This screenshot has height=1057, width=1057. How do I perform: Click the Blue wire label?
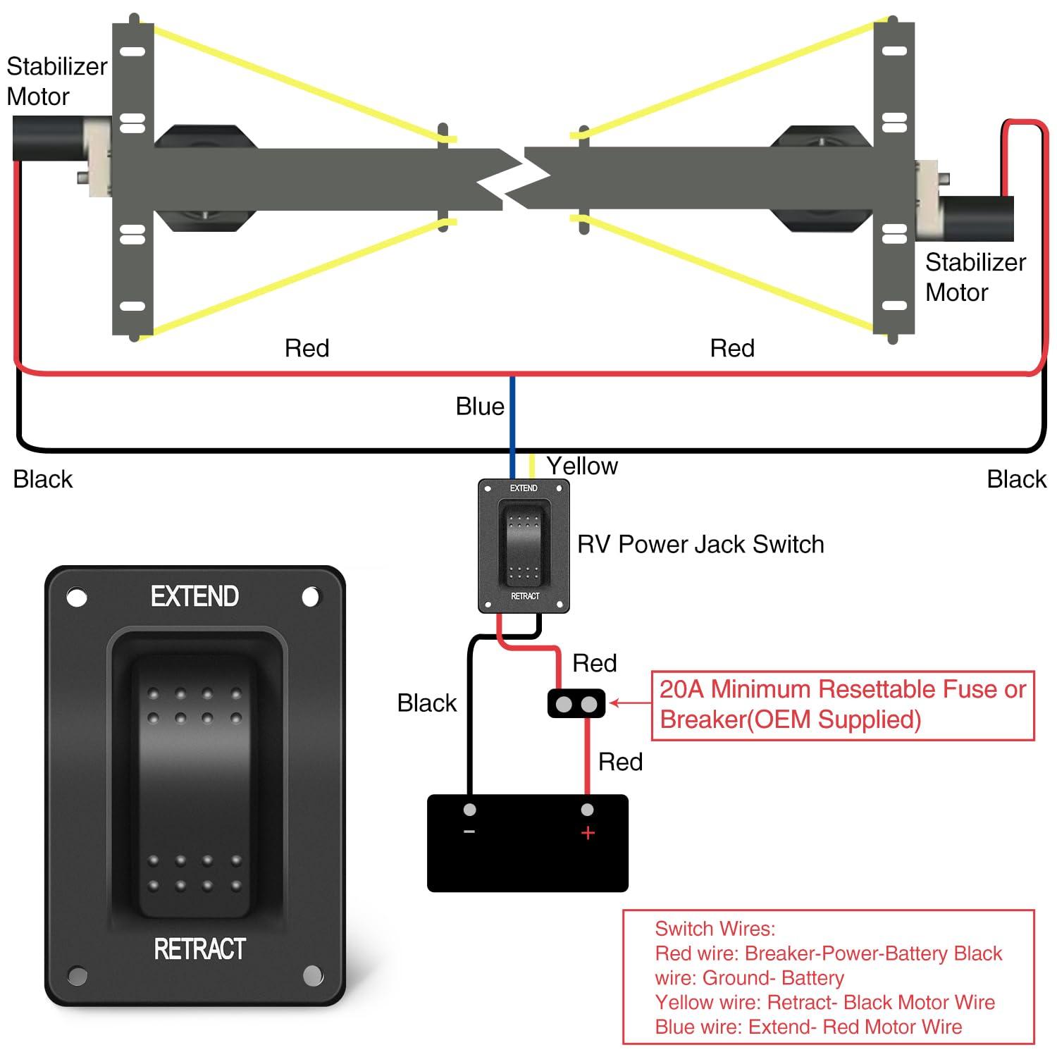tap(480, 407)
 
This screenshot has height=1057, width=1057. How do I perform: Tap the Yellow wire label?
tap(582, 466)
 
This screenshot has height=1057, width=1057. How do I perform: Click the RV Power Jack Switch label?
tap(700, 544)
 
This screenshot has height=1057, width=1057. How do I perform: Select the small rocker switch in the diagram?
tap(524, 544)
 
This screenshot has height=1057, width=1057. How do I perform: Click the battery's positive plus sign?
tap(588, 833)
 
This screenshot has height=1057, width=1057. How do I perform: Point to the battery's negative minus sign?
tap(469, 832)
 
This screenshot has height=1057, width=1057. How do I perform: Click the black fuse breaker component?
tap(576, 703)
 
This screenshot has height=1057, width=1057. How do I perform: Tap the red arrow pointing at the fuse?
tap(629, 703)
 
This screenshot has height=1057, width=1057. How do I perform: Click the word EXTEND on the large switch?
tap(194, 597)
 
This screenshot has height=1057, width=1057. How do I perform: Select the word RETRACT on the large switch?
tap(199, 949)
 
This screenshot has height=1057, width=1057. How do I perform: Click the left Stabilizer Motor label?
tap(56, 81)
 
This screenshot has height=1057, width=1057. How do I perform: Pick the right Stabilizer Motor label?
tap(975, 277)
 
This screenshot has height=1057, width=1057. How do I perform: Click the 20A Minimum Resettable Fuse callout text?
tap(842, 704)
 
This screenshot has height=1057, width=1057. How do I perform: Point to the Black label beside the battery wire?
tap(426, 703)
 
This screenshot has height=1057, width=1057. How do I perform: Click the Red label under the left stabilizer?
tap(307, 348)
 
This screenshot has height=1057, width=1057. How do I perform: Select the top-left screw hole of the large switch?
tap(77, 598)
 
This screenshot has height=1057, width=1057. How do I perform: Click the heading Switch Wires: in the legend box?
tap(715, 929)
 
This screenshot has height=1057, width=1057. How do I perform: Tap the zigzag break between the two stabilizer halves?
tap(513, 179)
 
